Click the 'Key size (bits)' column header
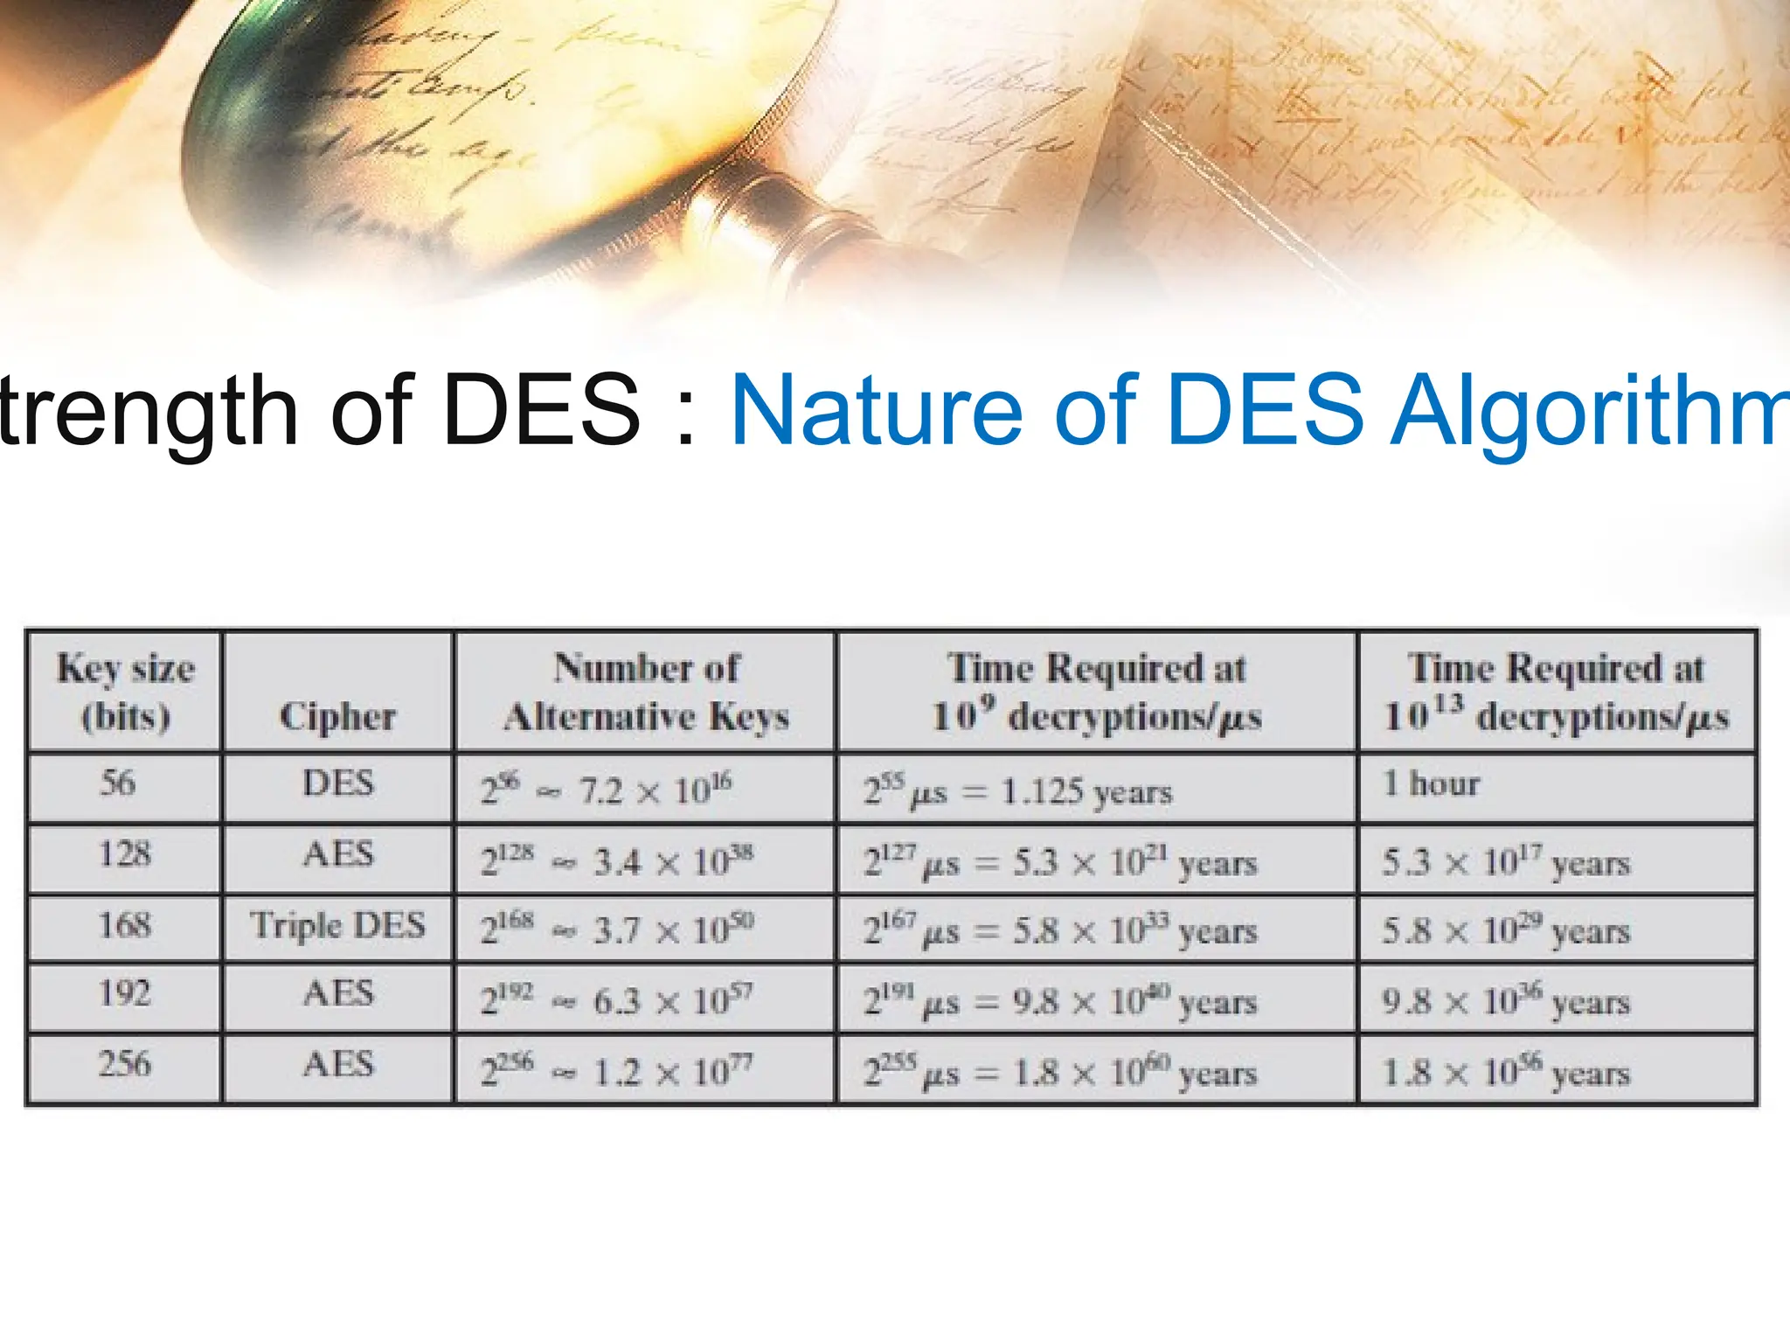tap(125, 692)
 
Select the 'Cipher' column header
tap(337, 716)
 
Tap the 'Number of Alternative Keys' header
tap(646, 692)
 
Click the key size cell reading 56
tap(118, 783)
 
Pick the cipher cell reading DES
tap(338, 783)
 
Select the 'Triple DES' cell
tap(338, 925)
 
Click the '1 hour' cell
tap(1431, 783)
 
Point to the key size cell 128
tap(124, 853)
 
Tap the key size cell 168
tap(124, 925)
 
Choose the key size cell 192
tap(124, 993)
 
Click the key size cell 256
tap(124, 1064)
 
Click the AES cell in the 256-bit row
tap(338, 1064)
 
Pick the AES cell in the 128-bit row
tap(338, 853)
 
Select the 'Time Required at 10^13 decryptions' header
tap(1556, 692)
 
